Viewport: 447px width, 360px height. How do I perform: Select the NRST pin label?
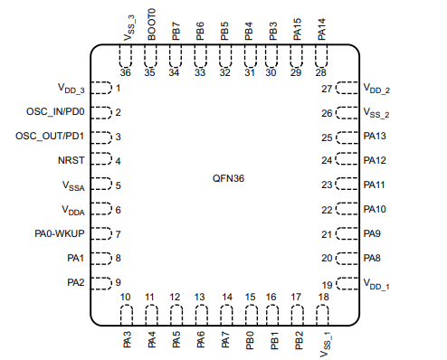(x=72, y=161)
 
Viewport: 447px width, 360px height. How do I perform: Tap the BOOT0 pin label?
(x=152, y=24)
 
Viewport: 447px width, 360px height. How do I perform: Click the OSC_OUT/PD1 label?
(x=51, y=137)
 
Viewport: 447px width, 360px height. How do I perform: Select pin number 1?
(x=119, y=89)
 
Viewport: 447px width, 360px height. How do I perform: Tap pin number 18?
(x=323, y=297)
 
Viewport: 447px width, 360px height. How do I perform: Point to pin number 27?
(x=328, y=89)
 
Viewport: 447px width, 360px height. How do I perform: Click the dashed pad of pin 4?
(x=101, y=161)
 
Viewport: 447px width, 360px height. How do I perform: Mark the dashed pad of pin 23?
(x=347, y=185)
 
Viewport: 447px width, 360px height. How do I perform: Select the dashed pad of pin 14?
(x=226, y=316)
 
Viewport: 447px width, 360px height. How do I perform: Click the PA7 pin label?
(x=226, y=342)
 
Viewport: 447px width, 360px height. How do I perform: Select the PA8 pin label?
(x=372, y=258)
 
